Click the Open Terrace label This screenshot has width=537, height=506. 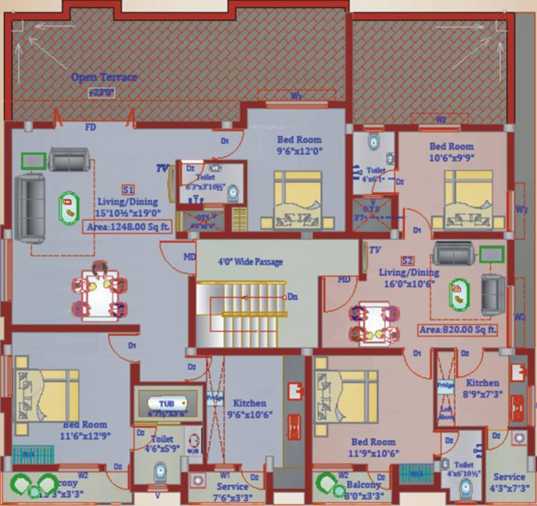coord(104,77)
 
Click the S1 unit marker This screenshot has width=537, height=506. coord(128,189)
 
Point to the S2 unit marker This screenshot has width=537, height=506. coord(408,260)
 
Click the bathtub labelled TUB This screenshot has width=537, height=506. coord(167,403)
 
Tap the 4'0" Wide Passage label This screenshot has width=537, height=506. coord(250,262)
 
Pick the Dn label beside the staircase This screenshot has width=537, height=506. coord(293,297)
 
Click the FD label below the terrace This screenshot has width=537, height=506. coord(90,126)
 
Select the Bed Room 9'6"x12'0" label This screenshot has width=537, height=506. coord(299,144)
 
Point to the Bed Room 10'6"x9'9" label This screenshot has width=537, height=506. coord(451,152)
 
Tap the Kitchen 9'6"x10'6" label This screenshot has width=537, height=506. coord(250,408)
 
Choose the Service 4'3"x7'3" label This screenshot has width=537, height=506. coord(509,482)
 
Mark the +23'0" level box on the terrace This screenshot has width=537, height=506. coord(101,93)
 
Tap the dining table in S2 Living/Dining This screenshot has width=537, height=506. coord(373,322)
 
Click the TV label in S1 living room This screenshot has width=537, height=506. coord(162,169)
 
